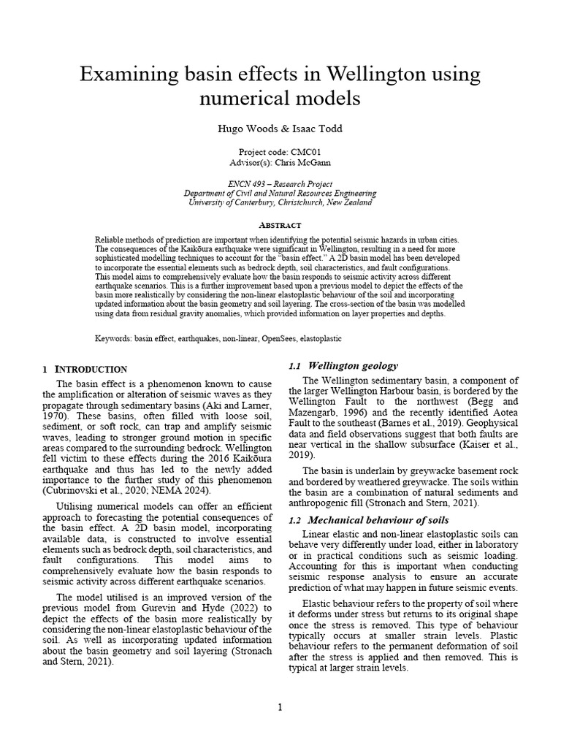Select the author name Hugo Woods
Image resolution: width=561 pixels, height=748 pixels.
245,129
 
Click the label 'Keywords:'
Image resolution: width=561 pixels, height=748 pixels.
115,339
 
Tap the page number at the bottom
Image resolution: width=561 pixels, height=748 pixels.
280,706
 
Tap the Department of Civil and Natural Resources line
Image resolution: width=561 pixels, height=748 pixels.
280,194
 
